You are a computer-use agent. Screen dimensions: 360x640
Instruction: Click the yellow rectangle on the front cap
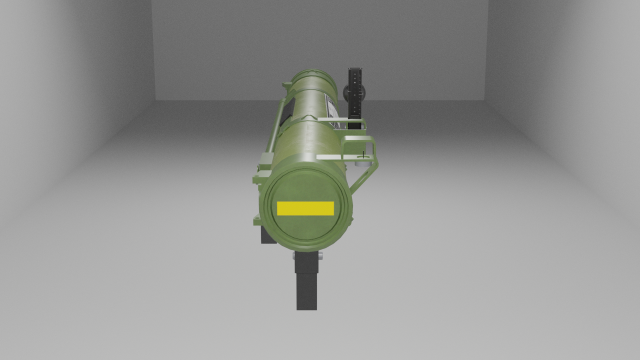point(305,208)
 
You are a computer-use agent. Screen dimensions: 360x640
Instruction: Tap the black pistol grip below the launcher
point(306,285)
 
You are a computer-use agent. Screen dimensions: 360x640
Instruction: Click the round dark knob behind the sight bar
point(351,92)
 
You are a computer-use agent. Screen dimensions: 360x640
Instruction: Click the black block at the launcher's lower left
point(267,234)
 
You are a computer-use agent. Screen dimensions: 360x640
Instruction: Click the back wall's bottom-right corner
point(487,99)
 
